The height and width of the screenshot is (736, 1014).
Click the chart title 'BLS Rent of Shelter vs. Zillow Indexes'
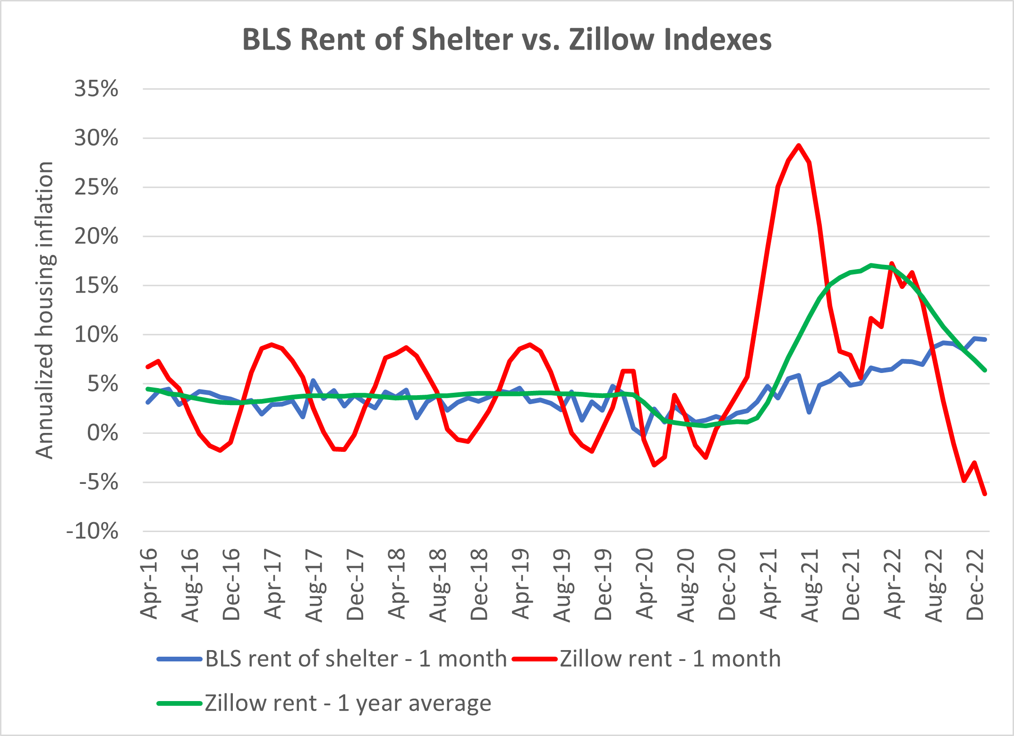[507, 39]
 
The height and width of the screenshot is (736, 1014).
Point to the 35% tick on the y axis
[96, 89]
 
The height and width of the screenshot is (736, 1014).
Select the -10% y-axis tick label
[93, 532]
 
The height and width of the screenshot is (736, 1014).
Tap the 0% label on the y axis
[102, 433]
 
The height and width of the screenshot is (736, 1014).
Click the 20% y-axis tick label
[96, 237]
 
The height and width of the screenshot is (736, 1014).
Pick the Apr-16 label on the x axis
[149, 584]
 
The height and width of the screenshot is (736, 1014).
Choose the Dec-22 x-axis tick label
[975, 584]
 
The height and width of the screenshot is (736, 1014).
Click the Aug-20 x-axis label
[686, 585]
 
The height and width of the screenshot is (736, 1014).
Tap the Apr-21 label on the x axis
[768, 584]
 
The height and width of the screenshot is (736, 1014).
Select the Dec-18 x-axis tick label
[479, 584]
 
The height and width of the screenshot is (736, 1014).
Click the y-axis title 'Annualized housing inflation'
[45, 310]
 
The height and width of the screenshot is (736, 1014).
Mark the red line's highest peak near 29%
[799, 145]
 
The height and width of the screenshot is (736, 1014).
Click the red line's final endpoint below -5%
[985, 494]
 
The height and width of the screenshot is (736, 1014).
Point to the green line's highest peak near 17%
[871, 265]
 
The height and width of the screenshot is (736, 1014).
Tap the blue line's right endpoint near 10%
[985, 339]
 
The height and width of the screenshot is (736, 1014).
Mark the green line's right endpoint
[985, 370]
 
